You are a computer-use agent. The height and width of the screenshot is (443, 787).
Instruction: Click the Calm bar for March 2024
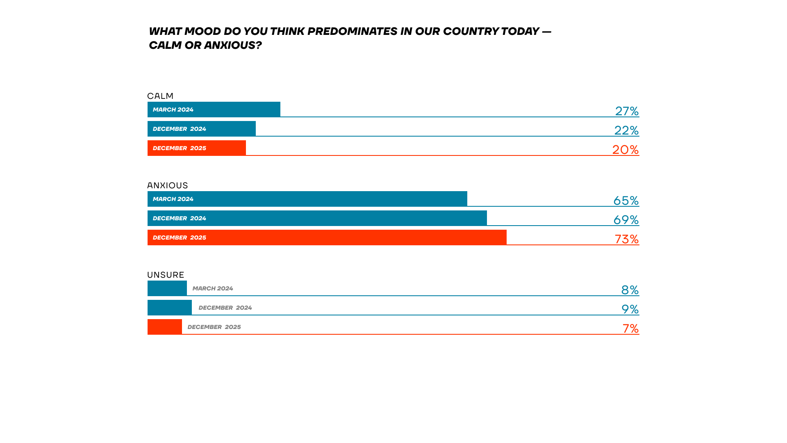pos(214,110)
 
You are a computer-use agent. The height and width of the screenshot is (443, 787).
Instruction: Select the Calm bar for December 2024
pos(202,129)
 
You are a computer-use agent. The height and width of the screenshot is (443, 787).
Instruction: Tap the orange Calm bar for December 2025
pos(197,148)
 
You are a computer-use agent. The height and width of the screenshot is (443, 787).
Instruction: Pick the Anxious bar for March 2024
pos(307,199)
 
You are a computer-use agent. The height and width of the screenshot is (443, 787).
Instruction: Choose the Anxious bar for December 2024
pos(317,218)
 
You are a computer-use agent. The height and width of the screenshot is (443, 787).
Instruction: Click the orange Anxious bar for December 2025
pos(327,237)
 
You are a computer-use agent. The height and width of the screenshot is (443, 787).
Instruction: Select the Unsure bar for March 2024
pos(167,288)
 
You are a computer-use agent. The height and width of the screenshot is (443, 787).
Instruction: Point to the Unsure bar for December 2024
pos(170,308)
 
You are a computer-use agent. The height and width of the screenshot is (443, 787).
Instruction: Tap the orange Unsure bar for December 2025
pos(165,327)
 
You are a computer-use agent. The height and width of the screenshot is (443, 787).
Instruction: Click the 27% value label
pos(627,111)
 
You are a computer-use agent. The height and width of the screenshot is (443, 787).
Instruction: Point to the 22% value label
pos(626,130)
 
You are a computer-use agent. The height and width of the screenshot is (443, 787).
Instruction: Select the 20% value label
pos(626,150)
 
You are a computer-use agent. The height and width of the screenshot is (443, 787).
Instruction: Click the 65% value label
pos(626,201)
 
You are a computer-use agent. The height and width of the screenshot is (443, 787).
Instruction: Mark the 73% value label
pos(627,239)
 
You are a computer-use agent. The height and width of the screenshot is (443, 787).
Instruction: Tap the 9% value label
pos(630,309)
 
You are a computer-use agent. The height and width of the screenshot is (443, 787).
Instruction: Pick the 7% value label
pos(631,329)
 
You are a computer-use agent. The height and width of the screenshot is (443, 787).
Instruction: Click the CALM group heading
pos(160,96)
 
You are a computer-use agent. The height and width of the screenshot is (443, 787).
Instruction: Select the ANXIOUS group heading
pos(168,185)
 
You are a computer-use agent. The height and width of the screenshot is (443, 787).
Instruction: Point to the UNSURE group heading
pos(166,275)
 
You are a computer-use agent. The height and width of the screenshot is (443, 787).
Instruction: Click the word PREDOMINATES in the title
pos(353,31)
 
